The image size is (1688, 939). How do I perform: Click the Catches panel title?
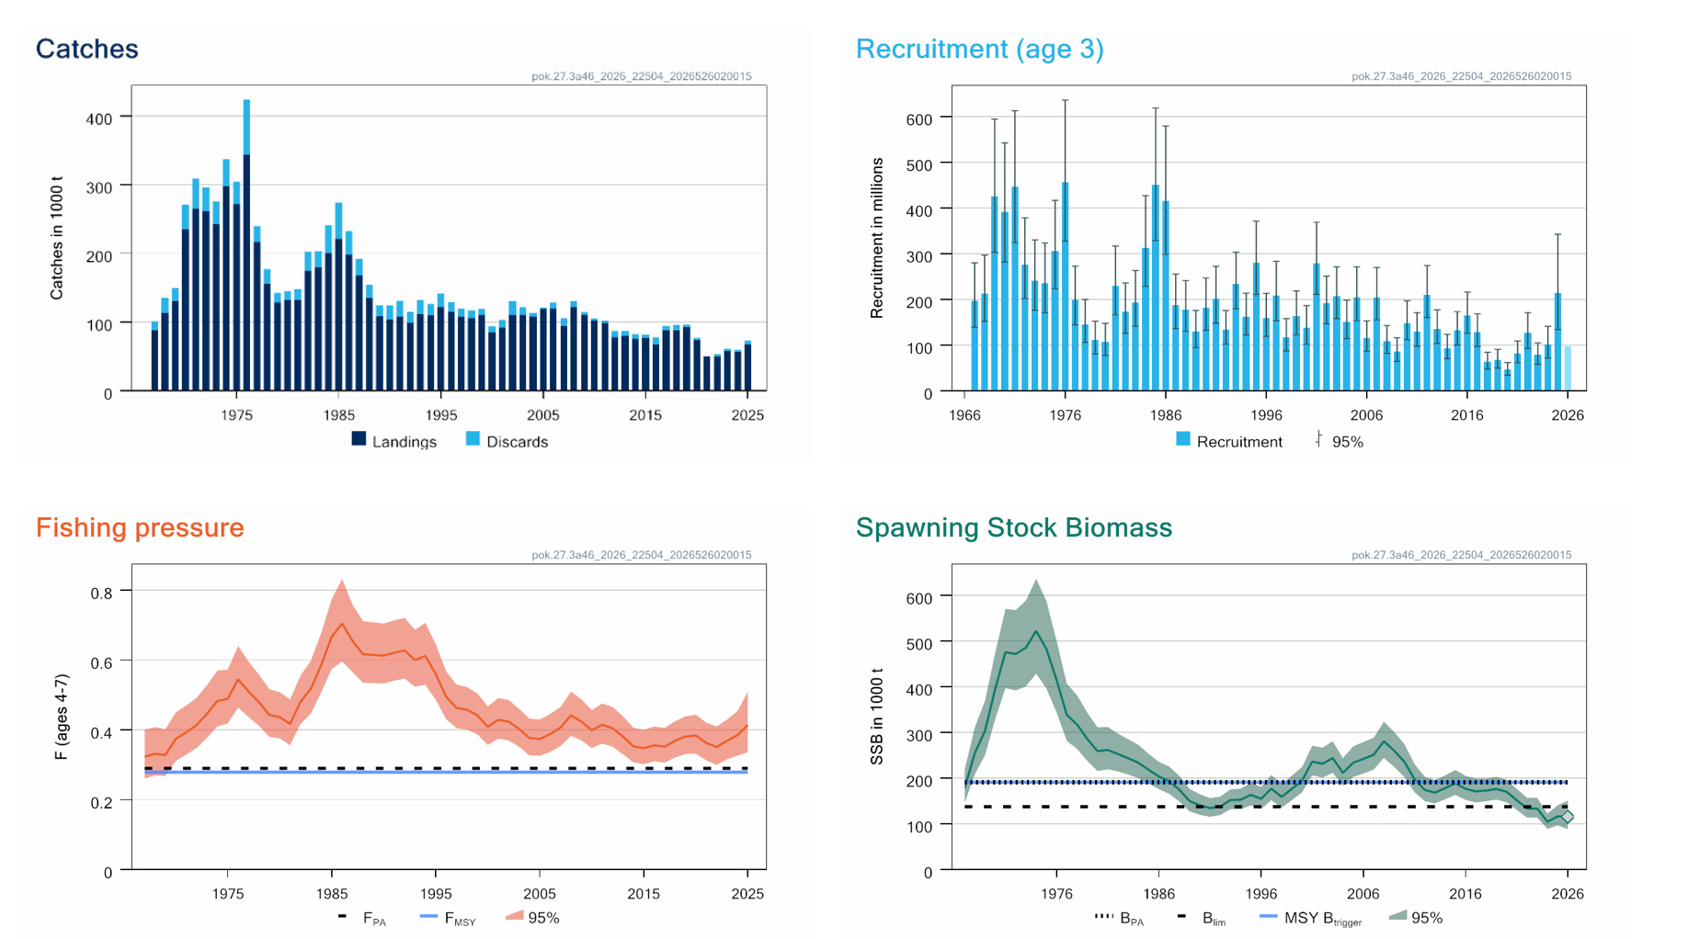pos(86,49)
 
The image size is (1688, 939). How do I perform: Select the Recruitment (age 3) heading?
pos(979,49)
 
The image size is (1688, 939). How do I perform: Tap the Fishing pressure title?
pos(140,527)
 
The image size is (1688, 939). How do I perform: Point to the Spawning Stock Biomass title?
pos(1013,527)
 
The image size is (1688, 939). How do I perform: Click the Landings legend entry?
pos(394,441)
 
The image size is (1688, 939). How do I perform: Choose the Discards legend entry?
pos(507,441)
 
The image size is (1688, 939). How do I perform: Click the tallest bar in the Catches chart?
pos(246,245)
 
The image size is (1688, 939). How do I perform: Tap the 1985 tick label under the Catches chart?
pos(338,415)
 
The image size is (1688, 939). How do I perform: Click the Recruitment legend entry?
pos(1229,441)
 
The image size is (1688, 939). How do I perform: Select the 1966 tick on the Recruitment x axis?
pos(964,415)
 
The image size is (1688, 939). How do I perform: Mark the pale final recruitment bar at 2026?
pos(1568,368)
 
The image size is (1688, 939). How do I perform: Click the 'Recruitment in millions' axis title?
pos(877,238)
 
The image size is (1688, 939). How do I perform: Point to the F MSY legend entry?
pos(448,918)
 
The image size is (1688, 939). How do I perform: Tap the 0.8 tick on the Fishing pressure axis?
pos(101,594)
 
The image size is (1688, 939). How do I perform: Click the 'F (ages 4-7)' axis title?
pos(61,717)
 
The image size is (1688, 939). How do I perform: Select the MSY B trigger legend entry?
pos(1311,918)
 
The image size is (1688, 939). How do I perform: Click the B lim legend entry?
pos(1202,918)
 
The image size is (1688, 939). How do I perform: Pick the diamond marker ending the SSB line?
pos(1568,816)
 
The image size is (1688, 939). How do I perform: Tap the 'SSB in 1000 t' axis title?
pos(877,717)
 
